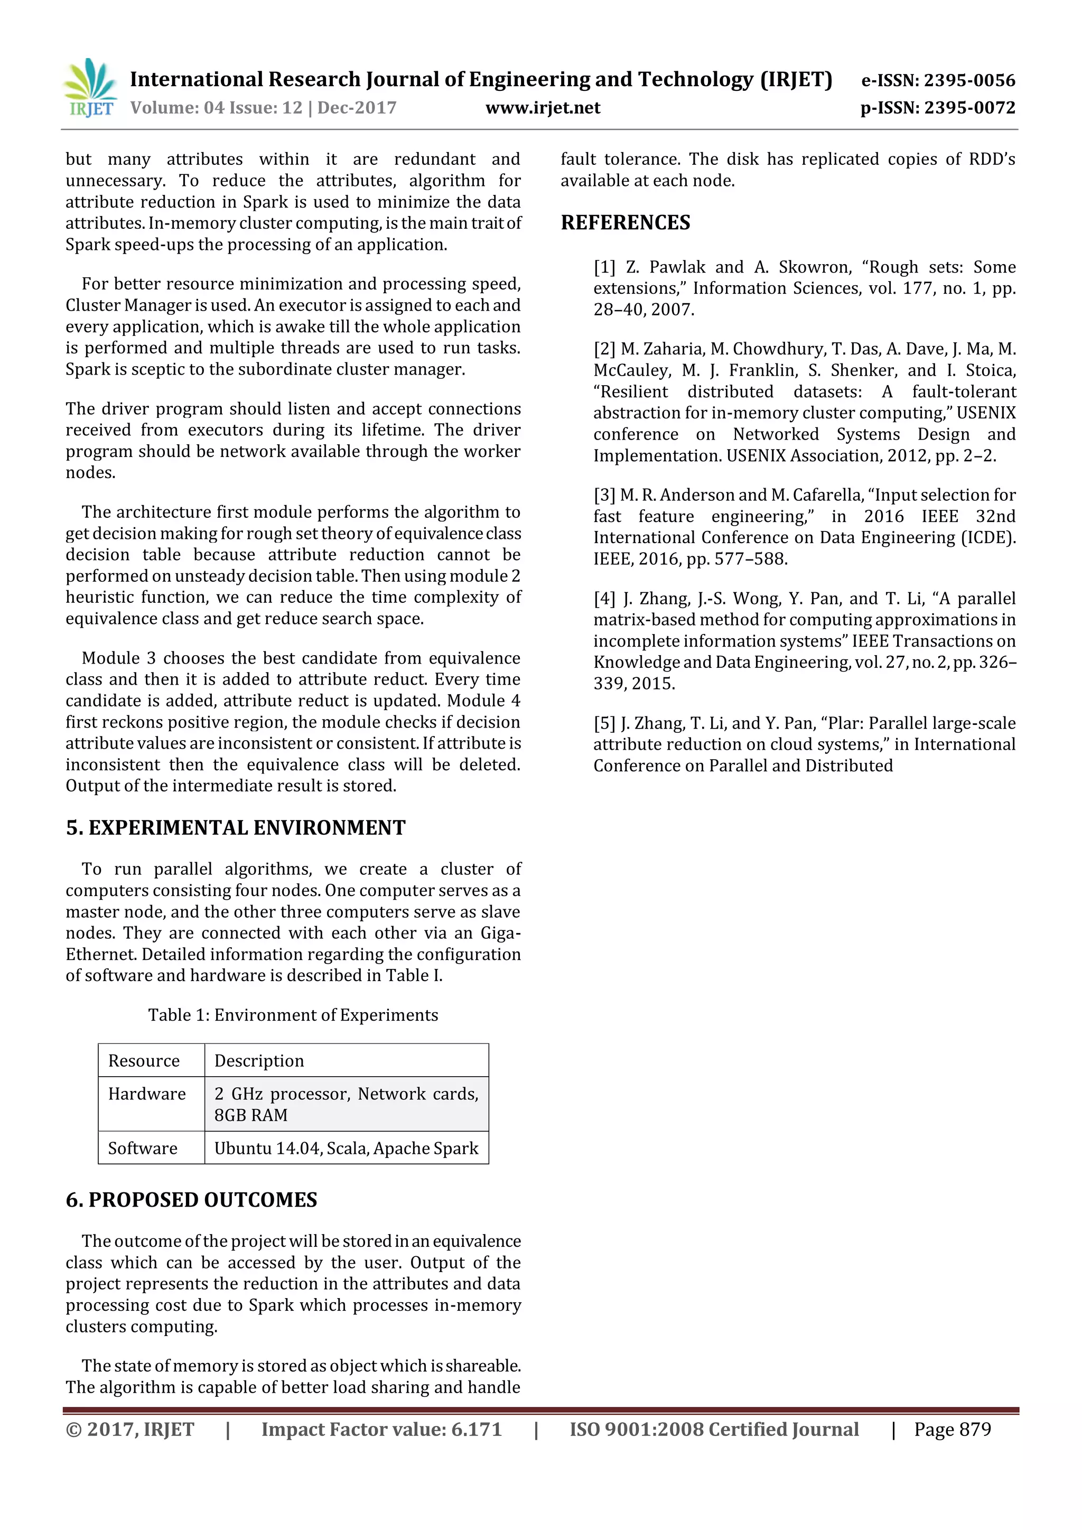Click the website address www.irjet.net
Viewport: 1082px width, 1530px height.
pos(543,108)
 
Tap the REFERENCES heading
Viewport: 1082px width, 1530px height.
pos(625,222)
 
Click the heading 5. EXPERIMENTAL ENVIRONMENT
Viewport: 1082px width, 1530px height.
pos(235,828)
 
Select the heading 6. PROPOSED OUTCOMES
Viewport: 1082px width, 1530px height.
pos(191,1200)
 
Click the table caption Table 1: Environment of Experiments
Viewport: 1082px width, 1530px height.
pos(293,1015)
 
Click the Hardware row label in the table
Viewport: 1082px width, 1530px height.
pos(146,1094)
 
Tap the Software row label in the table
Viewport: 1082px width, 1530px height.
pos(143,1148)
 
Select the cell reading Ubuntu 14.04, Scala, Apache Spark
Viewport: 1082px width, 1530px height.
pos(346,1148)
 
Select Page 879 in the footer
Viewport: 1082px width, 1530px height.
pos(952,1430)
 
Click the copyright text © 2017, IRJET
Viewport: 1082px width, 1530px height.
pos(130,1430)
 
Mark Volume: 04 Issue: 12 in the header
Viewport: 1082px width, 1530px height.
pos(216,108)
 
